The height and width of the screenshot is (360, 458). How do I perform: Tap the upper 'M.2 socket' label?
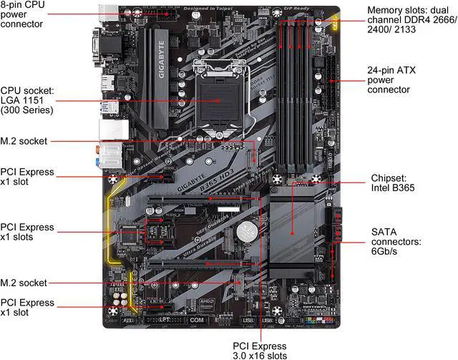click(x=25, y=142)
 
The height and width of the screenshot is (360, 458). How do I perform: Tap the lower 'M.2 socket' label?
click(x=25, y=283)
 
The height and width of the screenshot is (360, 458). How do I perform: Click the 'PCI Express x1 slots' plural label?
click(x=28, y=232)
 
